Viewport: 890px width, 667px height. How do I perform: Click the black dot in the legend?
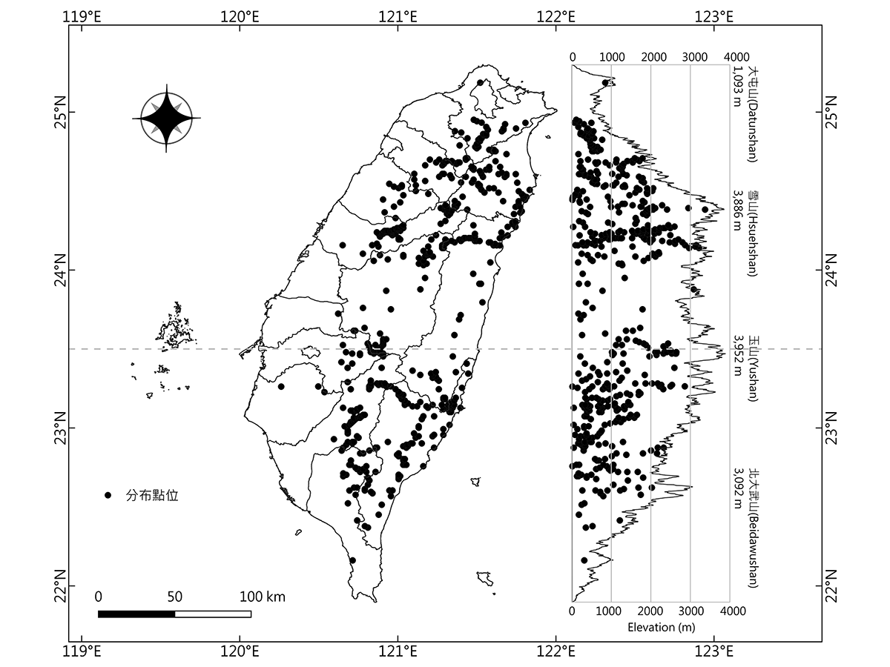[108, 495]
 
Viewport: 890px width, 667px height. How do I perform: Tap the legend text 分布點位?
[152, 495]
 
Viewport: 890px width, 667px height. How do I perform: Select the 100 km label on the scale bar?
[262, 597]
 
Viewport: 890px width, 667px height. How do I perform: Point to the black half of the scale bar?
[136, 614]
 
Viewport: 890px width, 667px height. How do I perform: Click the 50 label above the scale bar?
[175, 597]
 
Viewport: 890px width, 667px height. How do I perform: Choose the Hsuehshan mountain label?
[753, 232]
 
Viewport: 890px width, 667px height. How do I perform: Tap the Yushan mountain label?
[753, 368]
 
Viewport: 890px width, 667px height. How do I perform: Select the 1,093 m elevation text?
[738, 87]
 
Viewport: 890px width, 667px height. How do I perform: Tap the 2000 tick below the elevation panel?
[650, 611]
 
